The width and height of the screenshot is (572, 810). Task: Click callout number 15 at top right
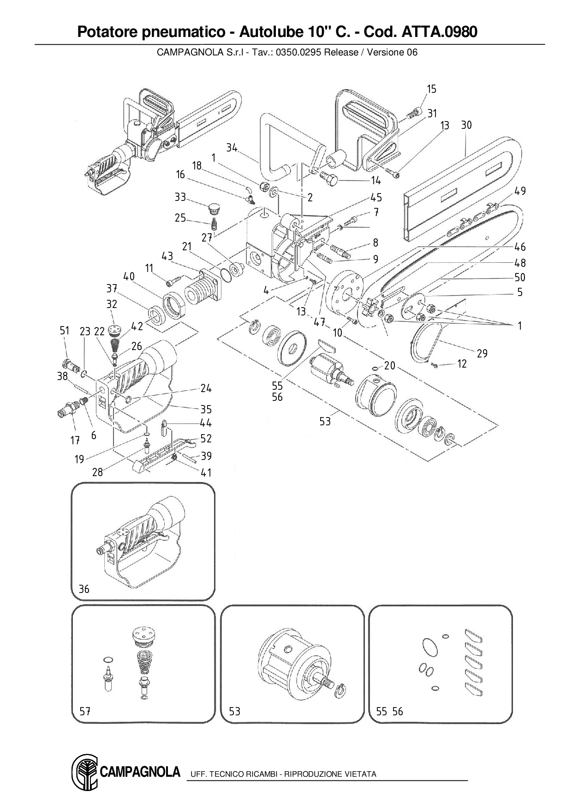[431, 89]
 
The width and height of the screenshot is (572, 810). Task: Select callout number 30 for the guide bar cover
[466, 125]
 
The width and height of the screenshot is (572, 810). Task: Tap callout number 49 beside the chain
[520, 191]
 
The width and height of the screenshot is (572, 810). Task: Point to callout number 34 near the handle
[232, 148]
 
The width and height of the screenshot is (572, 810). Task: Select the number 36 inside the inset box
[84, 589]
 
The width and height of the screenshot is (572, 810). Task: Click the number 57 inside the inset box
[85, 712]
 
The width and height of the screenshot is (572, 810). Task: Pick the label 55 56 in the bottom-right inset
[389, 712]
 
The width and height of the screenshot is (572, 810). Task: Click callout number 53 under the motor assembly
[325, 421]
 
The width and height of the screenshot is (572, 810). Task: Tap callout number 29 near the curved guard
[482, 353]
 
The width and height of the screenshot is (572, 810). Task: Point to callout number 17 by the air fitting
[75, 441]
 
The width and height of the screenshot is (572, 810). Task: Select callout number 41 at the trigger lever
[206, 472]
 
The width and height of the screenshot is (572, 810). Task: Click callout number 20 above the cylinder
[390, 366]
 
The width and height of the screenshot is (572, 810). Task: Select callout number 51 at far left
[65, 330]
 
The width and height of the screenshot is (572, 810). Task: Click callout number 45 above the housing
[376, 198]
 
